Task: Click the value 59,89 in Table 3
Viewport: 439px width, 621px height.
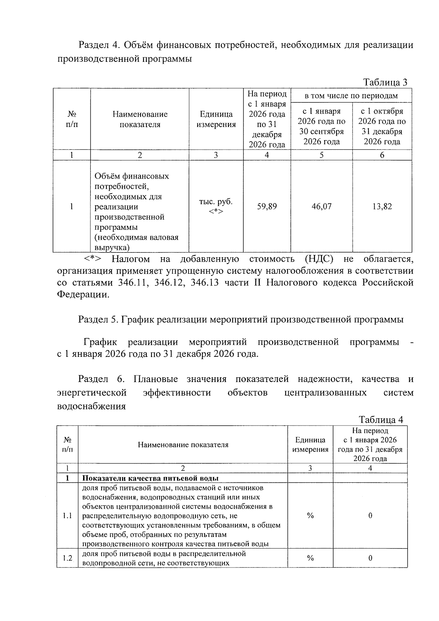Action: pos(267,206)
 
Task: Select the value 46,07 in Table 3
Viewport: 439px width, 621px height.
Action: pos(321,206)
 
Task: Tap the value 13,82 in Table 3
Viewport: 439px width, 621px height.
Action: pos(382,206)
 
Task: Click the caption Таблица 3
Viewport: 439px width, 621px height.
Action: pos(385,82)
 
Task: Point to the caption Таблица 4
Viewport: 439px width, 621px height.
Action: pos(381,419)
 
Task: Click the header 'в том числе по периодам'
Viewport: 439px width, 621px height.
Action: pos(351,96)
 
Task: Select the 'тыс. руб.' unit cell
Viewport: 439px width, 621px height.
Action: pos(215,202)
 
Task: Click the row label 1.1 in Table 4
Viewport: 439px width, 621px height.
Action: pos(67,516)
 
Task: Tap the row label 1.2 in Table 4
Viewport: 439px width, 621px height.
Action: pos(67,558)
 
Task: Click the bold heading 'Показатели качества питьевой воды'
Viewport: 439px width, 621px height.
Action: pos(150,478)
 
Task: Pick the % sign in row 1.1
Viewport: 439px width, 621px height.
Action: pos(310,516)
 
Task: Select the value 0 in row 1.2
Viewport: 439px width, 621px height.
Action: pos(370,558)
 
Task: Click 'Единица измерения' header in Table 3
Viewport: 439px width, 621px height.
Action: pos(216,119)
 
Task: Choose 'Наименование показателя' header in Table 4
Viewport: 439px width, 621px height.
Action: pos(183,445)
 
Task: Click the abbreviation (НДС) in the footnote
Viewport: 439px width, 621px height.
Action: pos(319,259)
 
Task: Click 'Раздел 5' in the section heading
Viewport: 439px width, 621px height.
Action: pos(98,319)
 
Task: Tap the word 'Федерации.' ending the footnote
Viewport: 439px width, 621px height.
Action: pos(83,295)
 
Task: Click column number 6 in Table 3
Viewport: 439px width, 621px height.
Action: pos(382,155)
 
